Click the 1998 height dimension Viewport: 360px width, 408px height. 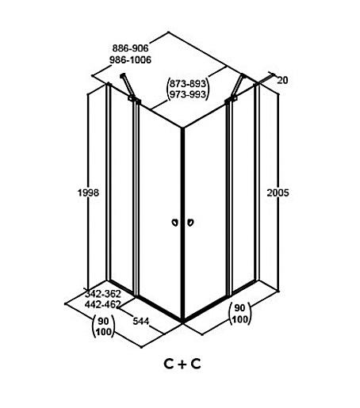click(88, 193)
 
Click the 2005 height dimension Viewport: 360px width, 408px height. click(278, 193)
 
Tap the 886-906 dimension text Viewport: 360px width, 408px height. click(130, 48)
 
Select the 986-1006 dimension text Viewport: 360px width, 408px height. click(130, 59)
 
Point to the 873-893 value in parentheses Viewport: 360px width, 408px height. click(187, 83)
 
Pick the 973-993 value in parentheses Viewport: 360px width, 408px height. click(187, 94)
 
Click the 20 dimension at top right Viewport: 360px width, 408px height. click(282, 80)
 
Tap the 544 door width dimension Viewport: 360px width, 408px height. click(140, 321)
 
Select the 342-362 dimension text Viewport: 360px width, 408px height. click(103, 294)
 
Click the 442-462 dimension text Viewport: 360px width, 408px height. click(103, 304)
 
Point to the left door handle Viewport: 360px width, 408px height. click(174, 223)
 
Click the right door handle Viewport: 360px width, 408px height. click(190, 223)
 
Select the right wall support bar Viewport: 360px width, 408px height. click(237, 86)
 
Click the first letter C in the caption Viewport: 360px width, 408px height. click(169, 364)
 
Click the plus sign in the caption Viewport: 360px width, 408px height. click(182, 364)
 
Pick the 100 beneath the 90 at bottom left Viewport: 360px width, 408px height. click(103, 332)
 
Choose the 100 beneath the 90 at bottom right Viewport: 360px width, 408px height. click(239, 319)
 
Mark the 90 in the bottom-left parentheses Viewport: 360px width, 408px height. click(103, 321)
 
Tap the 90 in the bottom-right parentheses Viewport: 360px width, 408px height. click(239, 308)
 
